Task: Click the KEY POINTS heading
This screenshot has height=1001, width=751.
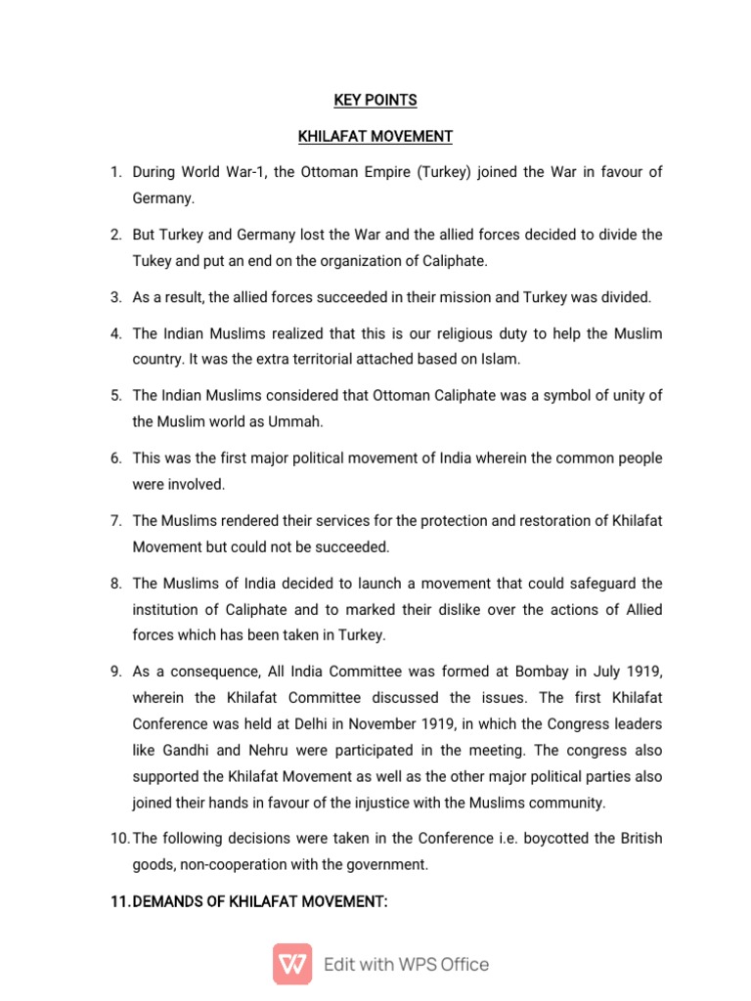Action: click(x=375, y=100)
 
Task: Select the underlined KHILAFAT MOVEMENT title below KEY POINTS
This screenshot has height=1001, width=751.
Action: click(x=375, y=135)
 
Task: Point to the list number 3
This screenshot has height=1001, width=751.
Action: click(x=115, y=297)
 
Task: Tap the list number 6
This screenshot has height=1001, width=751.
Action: click(x=115, y=458)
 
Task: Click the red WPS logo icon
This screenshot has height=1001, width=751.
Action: click(x=292, y=964)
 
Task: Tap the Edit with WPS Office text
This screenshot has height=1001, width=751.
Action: click(x=406, y=965)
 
